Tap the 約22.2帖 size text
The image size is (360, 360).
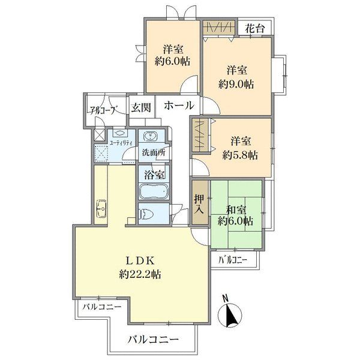139,275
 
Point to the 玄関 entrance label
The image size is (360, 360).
141,107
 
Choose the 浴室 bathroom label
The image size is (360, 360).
154,176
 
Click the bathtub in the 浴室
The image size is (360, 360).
154,192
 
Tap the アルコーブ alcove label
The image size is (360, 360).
103,110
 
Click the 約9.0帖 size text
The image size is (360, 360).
236,85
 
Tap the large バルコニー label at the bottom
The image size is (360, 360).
152,340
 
